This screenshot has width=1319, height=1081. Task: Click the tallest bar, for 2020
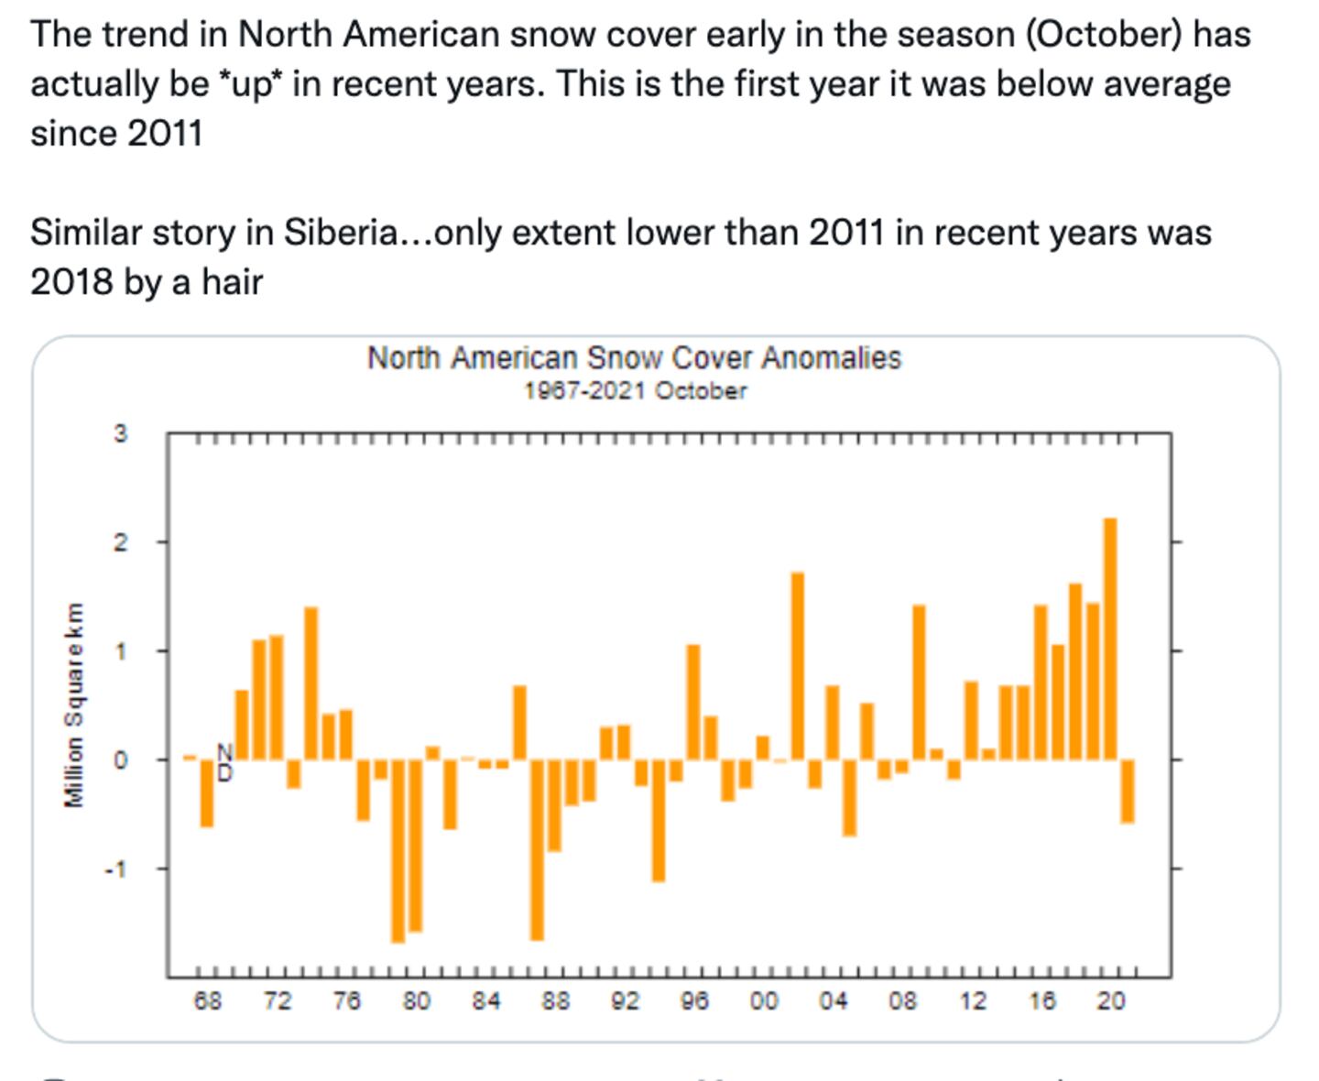[1109, 639]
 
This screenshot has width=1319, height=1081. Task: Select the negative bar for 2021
[1127, 792]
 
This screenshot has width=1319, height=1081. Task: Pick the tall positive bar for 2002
[798, 666]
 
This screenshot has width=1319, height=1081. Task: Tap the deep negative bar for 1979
[398, 851]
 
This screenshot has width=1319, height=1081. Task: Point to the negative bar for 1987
[537, 849]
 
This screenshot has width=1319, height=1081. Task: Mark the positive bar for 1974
[311, 683]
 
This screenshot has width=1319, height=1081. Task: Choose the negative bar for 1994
[659, 821]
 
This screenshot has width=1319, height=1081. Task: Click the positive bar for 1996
[693, 702]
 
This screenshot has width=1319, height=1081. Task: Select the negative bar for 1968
[207, 793]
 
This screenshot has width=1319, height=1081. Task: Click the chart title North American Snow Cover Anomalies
[634, 358]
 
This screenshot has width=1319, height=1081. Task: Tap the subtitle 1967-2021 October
[635, 391]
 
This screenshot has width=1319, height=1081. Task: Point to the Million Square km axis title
[74, 705]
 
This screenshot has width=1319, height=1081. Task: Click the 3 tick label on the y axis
[121, 433]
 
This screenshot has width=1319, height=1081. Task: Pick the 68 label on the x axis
[207, 1001]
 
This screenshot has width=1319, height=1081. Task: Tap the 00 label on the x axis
[763, 1001]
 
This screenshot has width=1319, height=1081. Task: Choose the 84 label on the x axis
[485, 1001]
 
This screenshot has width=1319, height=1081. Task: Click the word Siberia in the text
[340, 233]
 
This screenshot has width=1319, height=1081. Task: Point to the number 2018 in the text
[72, 282]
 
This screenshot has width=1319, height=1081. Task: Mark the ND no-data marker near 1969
[224, 762]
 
